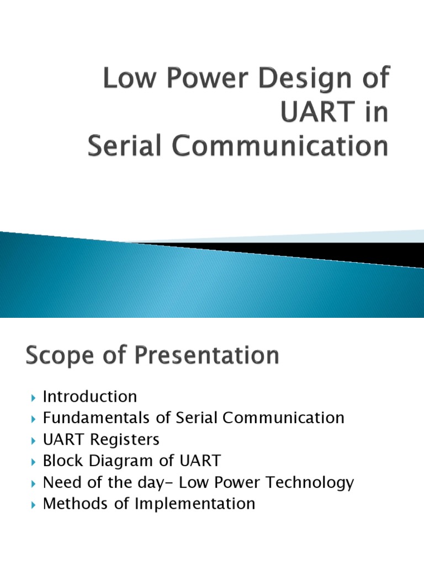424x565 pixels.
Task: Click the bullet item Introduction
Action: coord(90,397)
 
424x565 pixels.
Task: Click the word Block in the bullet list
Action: coord(62,461)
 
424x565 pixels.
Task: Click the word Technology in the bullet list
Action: coord(310,482)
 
